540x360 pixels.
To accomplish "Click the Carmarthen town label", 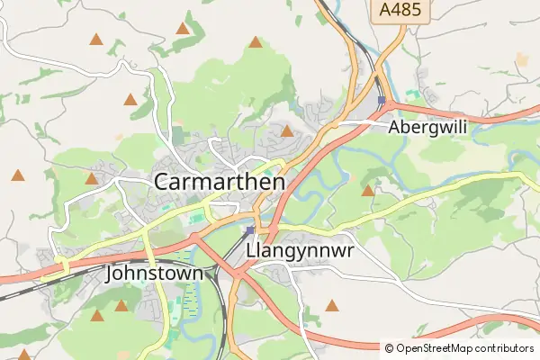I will (220, 181).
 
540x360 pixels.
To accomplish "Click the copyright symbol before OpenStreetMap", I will (389, 347).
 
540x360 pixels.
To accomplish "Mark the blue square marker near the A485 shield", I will (382, 100).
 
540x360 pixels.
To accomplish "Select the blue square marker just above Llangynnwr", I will (249, 230).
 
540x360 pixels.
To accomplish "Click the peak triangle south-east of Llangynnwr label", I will (332, 306).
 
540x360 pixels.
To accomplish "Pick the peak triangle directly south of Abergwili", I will (367, 190).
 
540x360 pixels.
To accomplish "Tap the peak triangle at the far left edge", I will (17, 175).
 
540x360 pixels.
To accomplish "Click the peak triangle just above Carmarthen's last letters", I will (287, 131).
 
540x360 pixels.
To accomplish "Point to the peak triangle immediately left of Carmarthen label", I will (91, 178).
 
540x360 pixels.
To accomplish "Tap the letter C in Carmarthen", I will (163, 181).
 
